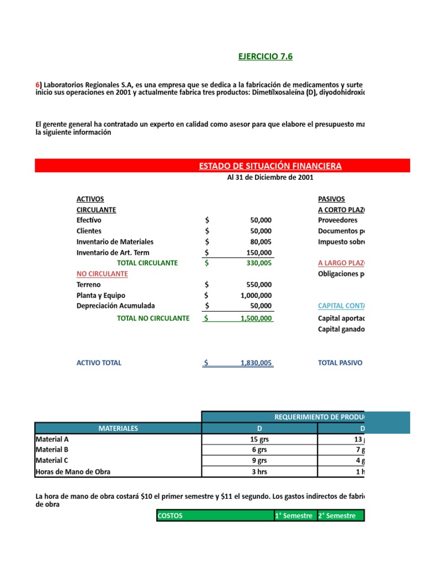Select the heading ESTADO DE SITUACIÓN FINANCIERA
(270, 166)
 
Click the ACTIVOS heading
(90, 199)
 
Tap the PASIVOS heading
(332, 199)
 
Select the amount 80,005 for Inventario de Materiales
(261, 242)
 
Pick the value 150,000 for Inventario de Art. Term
(258, 253)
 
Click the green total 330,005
(258, 263)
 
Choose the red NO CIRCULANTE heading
(102, 274)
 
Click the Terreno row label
(89, 285)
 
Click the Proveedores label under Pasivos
(338, 220)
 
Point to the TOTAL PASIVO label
(340, 363)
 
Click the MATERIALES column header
(118, 428)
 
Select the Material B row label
(52, 450)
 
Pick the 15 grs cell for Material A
(258, 440)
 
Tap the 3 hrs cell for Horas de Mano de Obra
(258, 472)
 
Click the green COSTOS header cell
(215, 516)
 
